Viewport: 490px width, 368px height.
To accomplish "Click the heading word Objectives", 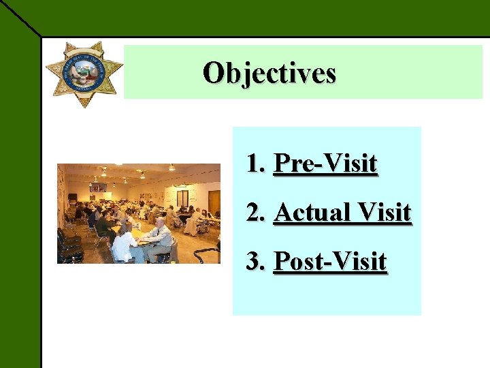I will [269, 72].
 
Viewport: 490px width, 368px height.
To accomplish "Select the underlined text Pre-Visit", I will [325, 164].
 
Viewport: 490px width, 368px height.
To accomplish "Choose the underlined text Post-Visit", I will [329, 261].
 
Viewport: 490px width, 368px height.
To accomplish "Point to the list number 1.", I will [254, 164].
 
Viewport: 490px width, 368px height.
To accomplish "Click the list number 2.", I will [255, 213].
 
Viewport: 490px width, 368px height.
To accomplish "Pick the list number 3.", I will [255, 261].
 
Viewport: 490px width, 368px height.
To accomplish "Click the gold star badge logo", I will [84, 74].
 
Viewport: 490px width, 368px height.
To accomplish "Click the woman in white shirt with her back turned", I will [125, 245].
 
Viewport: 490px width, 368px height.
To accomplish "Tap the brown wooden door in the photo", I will [214, 201].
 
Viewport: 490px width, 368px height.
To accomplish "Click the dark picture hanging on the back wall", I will [99, 187].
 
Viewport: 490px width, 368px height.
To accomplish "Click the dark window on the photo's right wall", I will [182, 198].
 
